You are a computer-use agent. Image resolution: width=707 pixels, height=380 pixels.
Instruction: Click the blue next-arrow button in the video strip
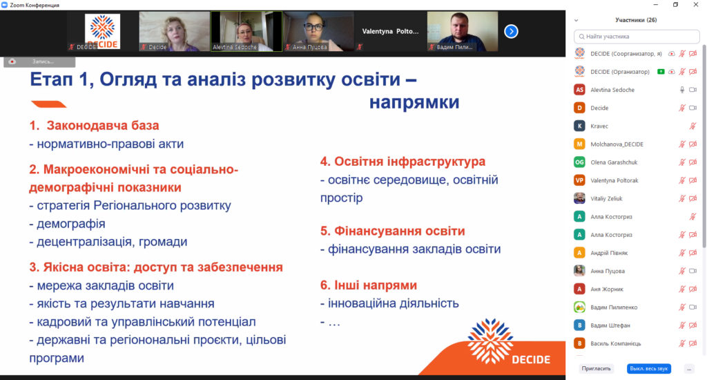(x=511, y=32)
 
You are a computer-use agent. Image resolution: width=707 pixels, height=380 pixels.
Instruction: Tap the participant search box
(x=637, y=37)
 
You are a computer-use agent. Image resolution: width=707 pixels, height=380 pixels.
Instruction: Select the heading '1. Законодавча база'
(x=94, y=126)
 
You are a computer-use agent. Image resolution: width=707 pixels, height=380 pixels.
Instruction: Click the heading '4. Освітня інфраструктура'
(x=403, y=162)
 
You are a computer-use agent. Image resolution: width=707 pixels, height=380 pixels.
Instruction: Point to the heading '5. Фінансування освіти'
(x=392, y=231)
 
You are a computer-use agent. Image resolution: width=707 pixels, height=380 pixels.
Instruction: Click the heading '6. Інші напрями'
(x=369, y=285)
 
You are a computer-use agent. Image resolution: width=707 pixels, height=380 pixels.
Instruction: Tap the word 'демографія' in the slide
(x=71, y=224)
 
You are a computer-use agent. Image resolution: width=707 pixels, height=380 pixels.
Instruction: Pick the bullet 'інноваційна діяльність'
(x=393, y=303)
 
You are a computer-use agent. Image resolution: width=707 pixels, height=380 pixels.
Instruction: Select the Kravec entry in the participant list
(x=599, y=126)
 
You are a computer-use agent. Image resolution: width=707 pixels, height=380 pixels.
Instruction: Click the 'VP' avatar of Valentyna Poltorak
(x=579, y=180)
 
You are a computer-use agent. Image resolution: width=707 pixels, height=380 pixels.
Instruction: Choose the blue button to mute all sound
(x=649, y=369)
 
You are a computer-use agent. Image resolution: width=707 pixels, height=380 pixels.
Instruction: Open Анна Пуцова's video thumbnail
(x=318, y=32)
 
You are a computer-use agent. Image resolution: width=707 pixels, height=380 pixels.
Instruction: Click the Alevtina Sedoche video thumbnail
(x=246, y=32)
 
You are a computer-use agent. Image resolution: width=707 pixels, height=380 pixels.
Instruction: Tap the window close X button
(x=696, y=5)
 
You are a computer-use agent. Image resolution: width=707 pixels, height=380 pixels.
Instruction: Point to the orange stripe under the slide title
(x=49, y=104)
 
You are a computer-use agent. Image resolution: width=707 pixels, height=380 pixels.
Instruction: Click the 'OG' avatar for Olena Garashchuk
(x=579, y=162)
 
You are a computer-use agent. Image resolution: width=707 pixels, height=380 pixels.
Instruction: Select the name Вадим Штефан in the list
(x=610, y=325)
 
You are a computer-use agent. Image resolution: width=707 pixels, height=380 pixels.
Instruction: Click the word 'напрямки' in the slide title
(x=414, y=102)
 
